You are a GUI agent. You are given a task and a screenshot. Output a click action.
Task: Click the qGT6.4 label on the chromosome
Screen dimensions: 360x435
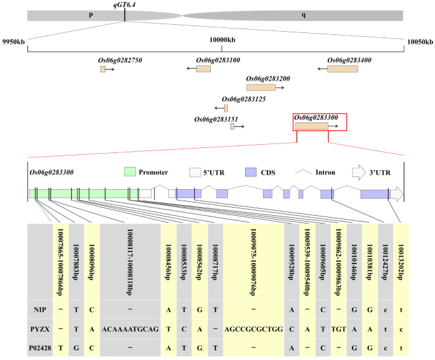point(124,4)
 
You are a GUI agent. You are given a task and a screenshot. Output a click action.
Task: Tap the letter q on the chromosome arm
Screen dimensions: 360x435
point(303,15)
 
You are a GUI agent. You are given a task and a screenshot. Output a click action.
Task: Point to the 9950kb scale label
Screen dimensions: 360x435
point(14,41)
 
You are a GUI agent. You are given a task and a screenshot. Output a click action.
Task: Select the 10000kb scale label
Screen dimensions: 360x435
point(222,41)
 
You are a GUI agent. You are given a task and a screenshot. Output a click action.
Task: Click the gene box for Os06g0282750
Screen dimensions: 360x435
point(103,68)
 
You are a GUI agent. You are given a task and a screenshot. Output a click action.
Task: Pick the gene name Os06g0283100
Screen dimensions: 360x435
point(218,60)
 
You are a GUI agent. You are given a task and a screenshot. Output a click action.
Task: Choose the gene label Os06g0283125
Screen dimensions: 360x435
point(244,100)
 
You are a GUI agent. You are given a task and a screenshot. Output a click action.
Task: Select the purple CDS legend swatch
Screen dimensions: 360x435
point(251,172)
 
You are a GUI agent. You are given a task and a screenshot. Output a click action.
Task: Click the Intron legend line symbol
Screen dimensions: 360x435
point(306,172)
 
